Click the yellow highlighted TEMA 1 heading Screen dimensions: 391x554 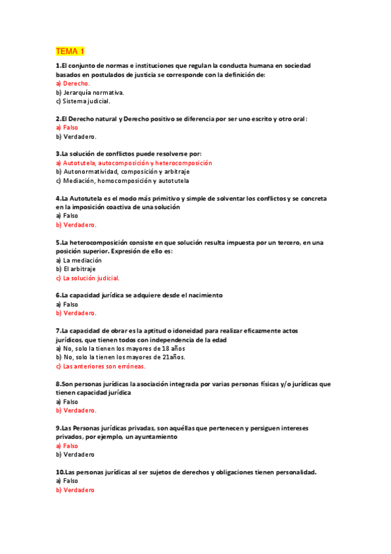click(x=70, y=51)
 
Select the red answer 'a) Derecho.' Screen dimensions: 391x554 click(x=72, y=84)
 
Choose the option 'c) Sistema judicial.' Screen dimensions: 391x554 click(x=83, y=101)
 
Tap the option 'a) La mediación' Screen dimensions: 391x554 click(x=79, y=260)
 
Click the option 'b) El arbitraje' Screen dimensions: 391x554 click(x=76, y=269)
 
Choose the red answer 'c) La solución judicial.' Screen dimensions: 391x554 click(x=88, y=278)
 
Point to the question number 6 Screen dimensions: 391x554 click(x=58, y=295)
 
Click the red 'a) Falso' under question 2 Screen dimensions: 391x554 click(x=67, y=127)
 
